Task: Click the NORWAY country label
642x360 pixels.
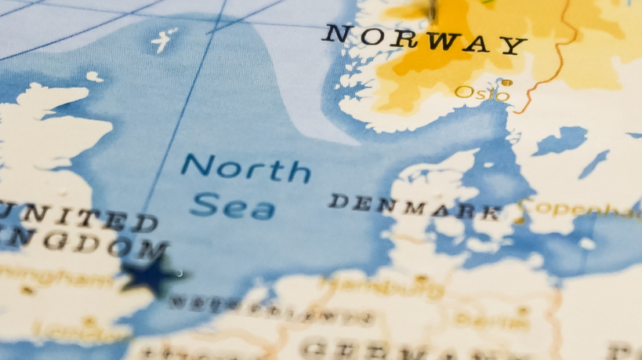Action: [424, 38]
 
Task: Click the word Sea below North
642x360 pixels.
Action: [233, 207]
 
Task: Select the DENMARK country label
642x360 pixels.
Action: [415, 206]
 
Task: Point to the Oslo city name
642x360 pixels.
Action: [481, 94]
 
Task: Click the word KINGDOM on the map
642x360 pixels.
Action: [78, 245]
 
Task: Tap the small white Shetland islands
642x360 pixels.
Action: [164, 38]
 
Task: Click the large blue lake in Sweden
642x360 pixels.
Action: [561, 142]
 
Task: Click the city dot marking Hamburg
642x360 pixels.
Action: [421, 278]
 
